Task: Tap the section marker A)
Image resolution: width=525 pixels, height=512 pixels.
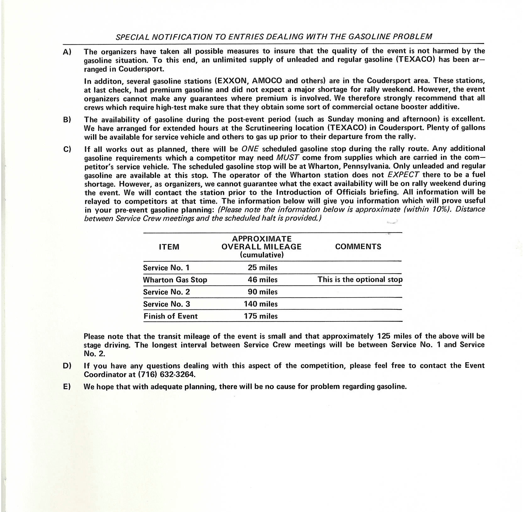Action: coord(67,52)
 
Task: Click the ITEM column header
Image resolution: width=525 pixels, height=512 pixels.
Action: coord(169,247)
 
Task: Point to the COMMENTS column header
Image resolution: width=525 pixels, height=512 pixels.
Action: coord(358,247)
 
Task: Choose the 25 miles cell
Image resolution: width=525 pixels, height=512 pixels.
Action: coord(262,268)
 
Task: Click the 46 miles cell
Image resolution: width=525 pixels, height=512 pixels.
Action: coord(262,280)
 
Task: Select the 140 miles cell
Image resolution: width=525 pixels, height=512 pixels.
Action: coord(261,304)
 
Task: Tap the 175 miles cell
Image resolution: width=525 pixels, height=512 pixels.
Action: coord(261,316)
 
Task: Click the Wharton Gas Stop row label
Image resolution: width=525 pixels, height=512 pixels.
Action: coord(175,280)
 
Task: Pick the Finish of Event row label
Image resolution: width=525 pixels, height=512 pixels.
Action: coord(170,316)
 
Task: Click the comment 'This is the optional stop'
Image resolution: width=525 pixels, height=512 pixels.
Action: coord(360,280)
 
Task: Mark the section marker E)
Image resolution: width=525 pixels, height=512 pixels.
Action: coord(67,387)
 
